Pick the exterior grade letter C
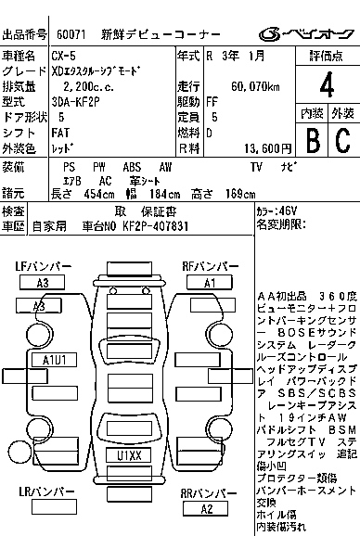pyautogui.click(x=341, y=140)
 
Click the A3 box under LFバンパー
pyautogui.click(x=43, y=282)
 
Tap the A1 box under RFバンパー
pyautogui.click(x=209, y=282)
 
